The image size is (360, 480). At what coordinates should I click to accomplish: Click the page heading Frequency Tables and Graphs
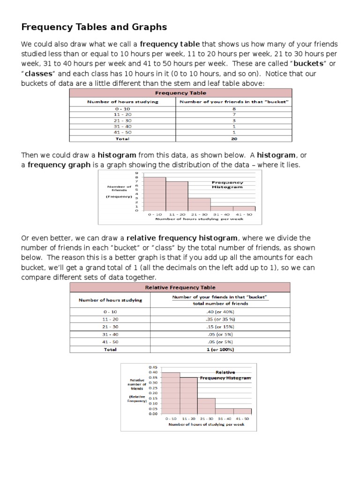(x=94, y=27)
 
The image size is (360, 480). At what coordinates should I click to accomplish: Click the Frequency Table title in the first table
(x=180, y=93)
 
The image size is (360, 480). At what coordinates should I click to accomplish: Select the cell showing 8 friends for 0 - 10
(x=233, y=109)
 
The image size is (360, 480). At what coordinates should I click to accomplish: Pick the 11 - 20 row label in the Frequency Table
(x=123, y=114)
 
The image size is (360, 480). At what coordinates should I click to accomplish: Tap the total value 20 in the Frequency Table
(x=233, y=139)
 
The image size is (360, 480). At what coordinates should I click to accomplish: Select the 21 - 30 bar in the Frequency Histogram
(x=199, y=204)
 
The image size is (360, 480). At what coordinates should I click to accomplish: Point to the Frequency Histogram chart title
(x=227, y=185)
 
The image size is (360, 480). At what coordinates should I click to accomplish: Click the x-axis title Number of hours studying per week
(x=199, y=219)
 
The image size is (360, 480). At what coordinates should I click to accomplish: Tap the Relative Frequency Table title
(x=180, y=287)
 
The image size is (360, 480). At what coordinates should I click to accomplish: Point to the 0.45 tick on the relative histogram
(x=153, y=367)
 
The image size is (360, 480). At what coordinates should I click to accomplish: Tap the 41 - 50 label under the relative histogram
(x=243, y=418)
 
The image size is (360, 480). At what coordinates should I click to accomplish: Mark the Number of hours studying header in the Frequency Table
(x=123, y=101)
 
